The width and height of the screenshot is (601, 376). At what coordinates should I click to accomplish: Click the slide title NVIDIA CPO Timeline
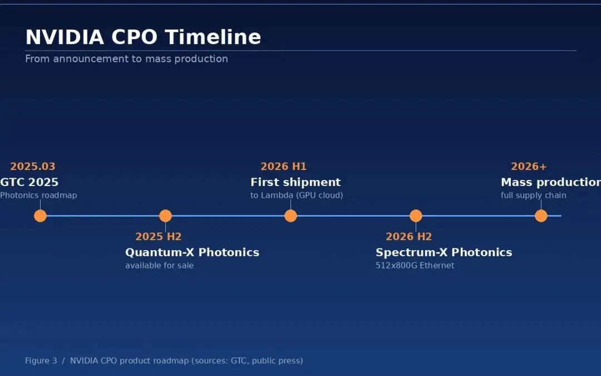[x=143, y=37]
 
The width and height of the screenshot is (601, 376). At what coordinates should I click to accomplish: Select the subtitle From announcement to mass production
[x=126, y=58]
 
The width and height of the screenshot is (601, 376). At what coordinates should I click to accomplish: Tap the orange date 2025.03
[x=33, y=167]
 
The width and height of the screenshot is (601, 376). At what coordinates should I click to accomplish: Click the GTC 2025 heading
[x=29, y=182]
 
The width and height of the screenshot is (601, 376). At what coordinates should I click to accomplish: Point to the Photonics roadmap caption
[x=38, y=196]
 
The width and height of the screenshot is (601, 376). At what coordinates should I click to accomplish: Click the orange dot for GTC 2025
[x=40, y=216]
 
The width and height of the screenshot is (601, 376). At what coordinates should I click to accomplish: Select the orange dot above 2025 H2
[x=165, y=216]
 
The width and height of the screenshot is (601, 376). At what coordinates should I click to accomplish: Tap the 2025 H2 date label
[x=158, y=236]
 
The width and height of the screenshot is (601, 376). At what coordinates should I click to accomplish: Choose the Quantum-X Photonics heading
[x=192, y=252]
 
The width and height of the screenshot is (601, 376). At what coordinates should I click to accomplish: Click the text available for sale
[x=160, y=266]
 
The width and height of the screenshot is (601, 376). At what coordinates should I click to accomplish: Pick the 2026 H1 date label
[x=284, y=167]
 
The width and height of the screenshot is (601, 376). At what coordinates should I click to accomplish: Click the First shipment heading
[x=295, y=182]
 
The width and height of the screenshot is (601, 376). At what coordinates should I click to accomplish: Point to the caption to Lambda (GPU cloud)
[x=297, y=196]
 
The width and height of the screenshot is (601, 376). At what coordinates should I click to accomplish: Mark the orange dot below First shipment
[x=290, y=216]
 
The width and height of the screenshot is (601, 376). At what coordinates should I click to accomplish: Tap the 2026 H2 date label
[x=408, y=236]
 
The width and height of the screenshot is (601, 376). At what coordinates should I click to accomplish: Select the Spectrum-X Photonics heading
[x=444, y=252]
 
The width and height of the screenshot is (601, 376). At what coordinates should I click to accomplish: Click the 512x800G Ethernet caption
[x=415, y=266]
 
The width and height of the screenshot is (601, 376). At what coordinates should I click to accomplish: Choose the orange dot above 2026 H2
[x=416, y=216]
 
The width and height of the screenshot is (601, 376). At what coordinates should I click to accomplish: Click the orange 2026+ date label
[x=529, y=167]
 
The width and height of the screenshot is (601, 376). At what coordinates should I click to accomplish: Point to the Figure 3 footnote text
[x=164, y=360]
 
